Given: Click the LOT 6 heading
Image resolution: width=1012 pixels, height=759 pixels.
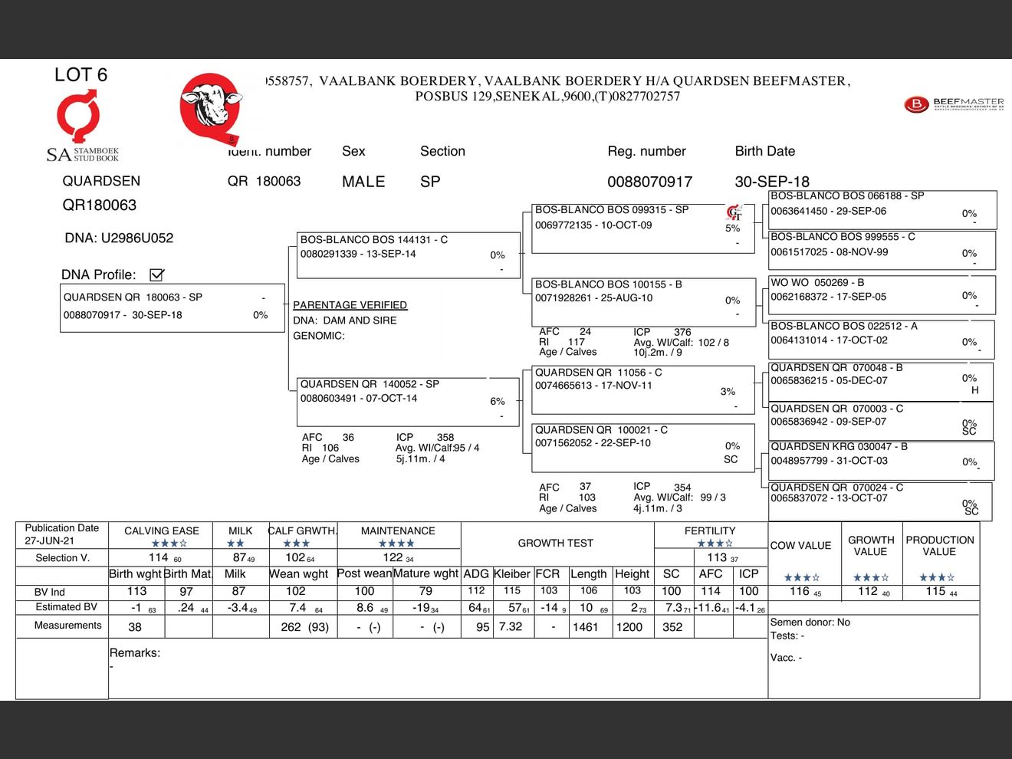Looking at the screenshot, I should pos(80,74).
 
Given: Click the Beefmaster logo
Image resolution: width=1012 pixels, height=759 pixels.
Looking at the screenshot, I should pos(954,103).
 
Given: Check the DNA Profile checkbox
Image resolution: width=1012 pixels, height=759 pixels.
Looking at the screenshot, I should pos(157,274).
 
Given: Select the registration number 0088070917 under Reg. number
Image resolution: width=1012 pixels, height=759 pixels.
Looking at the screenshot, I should pos(649,182).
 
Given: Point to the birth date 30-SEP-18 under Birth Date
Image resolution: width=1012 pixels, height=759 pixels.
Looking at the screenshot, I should pos(771,182).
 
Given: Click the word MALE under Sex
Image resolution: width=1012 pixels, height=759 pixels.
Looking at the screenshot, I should pos(363,182).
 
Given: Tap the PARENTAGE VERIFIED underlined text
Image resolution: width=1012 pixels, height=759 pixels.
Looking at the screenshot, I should pos(350,305).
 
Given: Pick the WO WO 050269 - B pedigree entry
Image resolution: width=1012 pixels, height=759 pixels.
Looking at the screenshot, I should pos(882,294).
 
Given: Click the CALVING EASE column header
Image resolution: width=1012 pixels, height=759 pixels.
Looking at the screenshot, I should pos(162,531).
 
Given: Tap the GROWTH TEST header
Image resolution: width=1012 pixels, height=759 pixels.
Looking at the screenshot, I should pos(555,543).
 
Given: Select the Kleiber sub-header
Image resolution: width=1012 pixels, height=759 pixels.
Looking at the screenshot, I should pos(511,573).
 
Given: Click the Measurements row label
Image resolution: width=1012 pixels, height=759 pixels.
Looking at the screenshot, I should pos(67,626).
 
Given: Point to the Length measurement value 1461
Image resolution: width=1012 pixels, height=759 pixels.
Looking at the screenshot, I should pos(585,627).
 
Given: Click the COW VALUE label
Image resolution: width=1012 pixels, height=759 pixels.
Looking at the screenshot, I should pos(800,545).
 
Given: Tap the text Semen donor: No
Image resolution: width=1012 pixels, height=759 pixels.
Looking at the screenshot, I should pos(810,623).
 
